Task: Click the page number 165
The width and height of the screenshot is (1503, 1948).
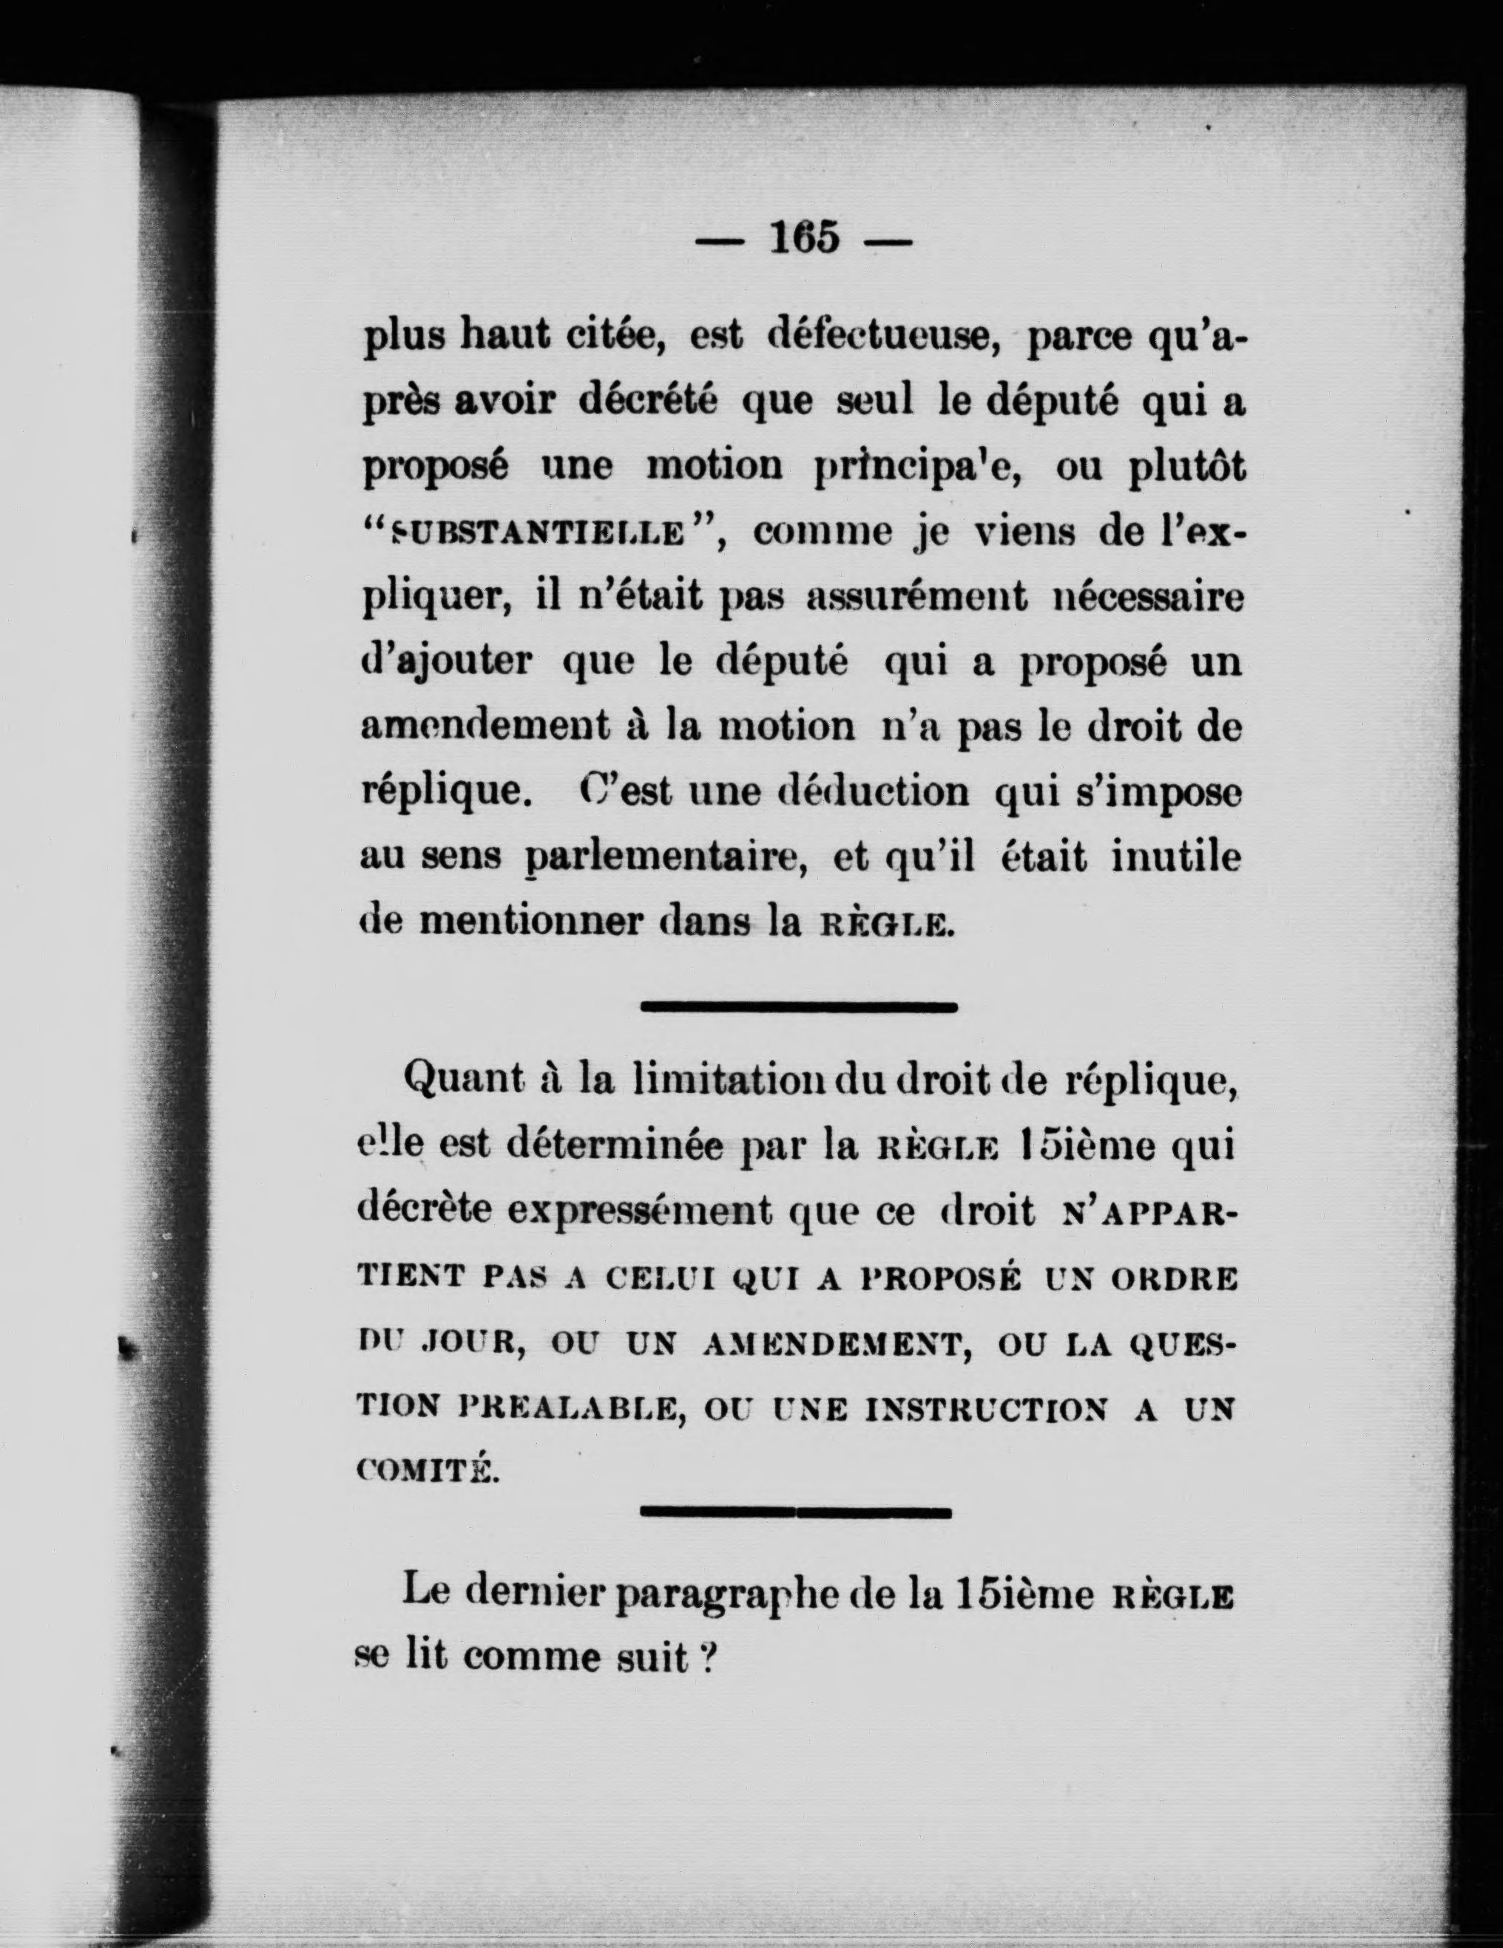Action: (805, 238)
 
